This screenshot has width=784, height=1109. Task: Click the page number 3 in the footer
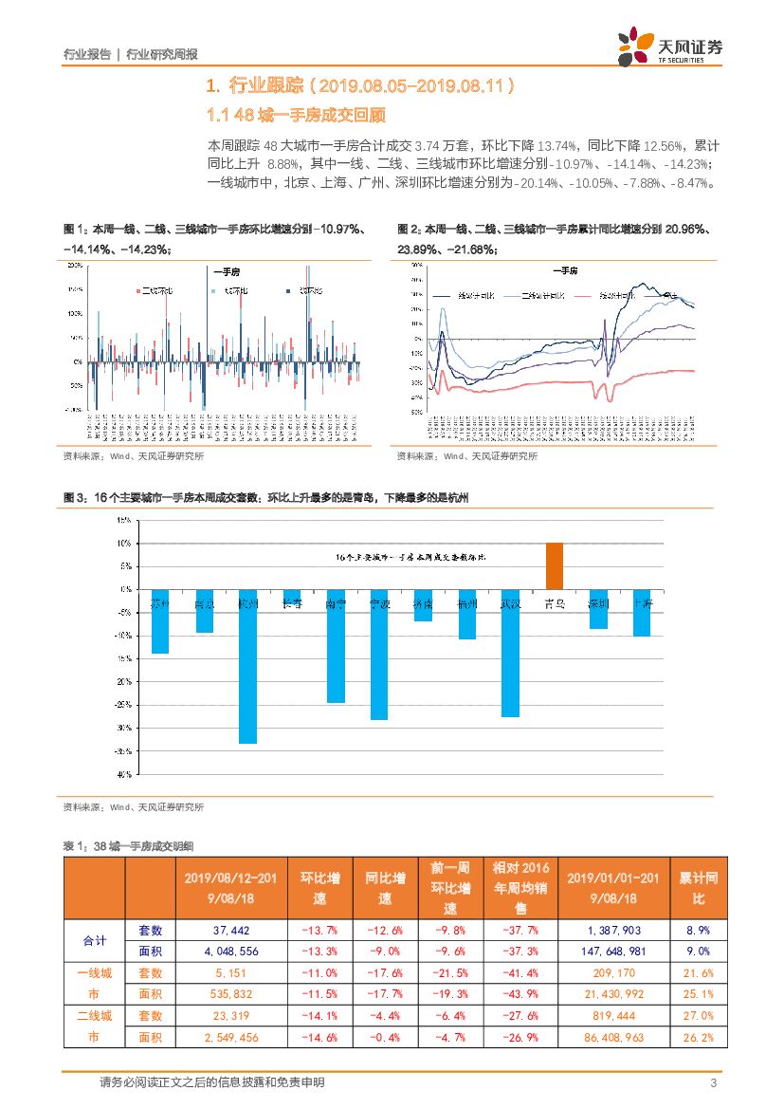713,1082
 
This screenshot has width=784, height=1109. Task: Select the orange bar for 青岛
554,566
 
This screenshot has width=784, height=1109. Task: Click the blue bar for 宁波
378,655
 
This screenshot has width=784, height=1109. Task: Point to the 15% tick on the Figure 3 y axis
123,521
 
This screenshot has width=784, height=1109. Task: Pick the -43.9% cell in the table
521,994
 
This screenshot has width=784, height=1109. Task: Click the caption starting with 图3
265,497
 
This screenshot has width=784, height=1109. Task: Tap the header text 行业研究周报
161,54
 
